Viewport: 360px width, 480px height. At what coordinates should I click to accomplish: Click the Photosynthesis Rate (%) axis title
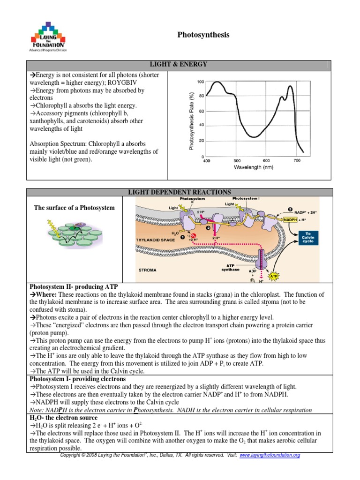pyautogui.click(x=191, y=120)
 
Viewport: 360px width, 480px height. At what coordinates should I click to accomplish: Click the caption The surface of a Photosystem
pyautogui.click(x=74, y=208)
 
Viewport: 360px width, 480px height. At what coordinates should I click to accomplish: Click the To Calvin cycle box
pyautogui.click(x=308, y=238)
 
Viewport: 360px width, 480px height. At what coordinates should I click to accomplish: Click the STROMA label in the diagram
pyautogui.click(x=148, y=270)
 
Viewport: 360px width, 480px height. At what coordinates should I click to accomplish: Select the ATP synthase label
pyautogui.click(x=230, y=267)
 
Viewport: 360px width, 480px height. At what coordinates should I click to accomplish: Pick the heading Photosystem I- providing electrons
pyautogui.click(x=77, y=378)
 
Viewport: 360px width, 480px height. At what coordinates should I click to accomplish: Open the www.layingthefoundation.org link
pyautogui.click(x=270, y=455)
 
